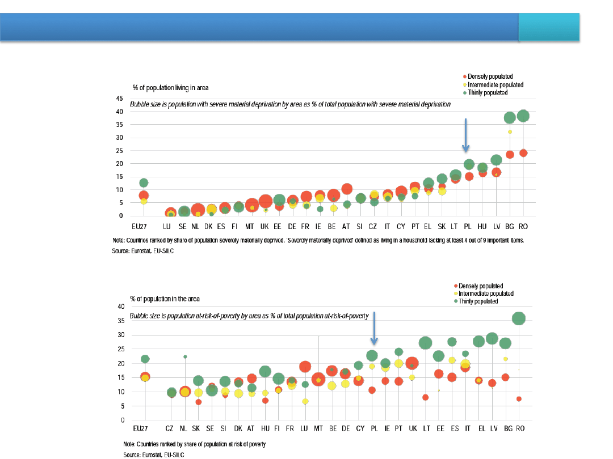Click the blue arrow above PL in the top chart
[x=465, y=135]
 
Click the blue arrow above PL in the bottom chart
[x=374, y=328]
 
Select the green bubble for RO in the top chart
[x=523, y=116]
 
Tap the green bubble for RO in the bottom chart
[x=518, y=318]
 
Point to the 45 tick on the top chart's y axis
[x=119, y=98]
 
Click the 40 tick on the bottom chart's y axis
[x=120, y=307]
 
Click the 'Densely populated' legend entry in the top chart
[x=490, y=76]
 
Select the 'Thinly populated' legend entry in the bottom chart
[x=478, y=301]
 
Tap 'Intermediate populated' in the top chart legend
[x=495, y=85]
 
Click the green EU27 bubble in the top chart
[x=144, y=182]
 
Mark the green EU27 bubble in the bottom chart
[x=145, y=359]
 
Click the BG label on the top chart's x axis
[x=510, y=227]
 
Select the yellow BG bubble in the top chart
[x=510, y=131]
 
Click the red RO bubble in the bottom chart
[x=519, y=399]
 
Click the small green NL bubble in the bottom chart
[x=185, y=357]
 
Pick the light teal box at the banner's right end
[x=549, y=28]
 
